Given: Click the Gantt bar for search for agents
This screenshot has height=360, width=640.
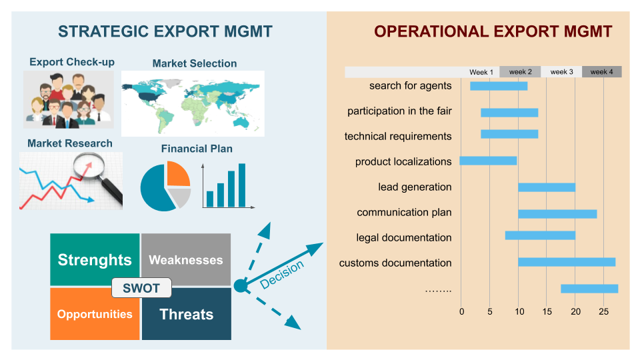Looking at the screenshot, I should [499, 86].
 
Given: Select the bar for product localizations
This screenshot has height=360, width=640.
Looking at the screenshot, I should [488, 161].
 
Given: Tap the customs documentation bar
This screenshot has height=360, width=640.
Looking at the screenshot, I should [567, 262].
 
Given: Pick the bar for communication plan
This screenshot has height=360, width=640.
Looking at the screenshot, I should [557, 214].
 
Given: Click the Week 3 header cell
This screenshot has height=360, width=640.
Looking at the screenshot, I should [561, 72].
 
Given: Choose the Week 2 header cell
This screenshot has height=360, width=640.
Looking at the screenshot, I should [520, 72].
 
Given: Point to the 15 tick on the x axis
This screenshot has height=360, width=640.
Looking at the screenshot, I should [547, 311].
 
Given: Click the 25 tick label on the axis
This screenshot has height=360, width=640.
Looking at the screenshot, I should [604, 311].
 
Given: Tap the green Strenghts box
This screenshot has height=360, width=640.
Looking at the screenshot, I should [95, 259].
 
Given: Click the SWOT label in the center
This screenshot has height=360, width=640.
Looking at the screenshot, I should [141, 288].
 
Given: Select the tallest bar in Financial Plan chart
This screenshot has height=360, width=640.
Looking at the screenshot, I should [242, 185].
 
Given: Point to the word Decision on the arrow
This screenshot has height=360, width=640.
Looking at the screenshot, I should [281, 274].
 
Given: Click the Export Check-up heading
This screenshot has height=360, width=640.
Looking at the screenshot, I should [72, 62].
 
